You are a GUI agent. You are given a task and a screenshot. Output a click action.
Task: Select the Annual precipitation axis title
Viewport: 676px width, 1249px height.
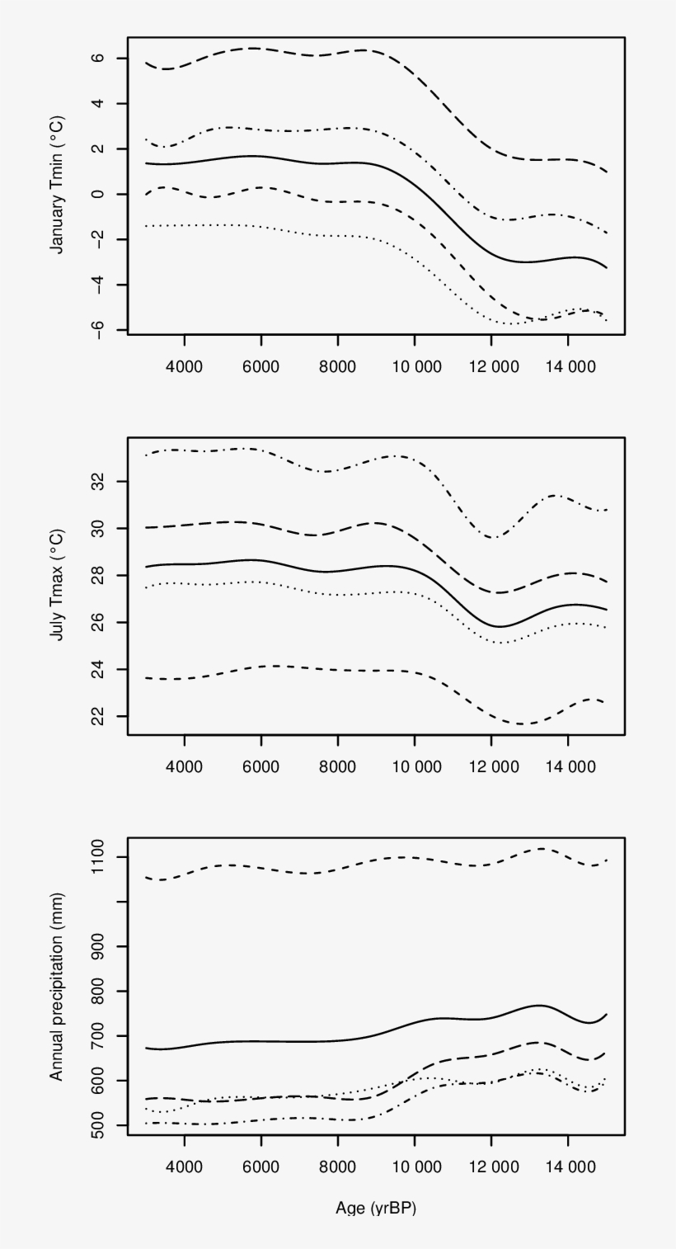(57, 987)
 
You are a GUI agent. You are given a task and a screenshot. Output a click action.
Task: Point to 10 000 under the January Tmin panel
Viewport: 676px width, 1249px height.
(415, 365)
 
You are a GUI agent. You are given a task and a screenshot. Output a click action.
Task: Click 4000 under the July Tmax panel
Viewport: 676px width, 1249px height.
(184, 766)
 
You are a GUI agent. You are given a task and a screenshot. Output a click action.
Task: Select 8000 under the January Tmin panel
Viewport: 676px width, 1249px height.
(338, 365)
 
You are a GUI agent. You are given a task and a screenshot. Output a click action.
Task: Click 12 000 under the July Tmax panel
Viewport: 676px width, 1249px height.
(491, 766)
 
